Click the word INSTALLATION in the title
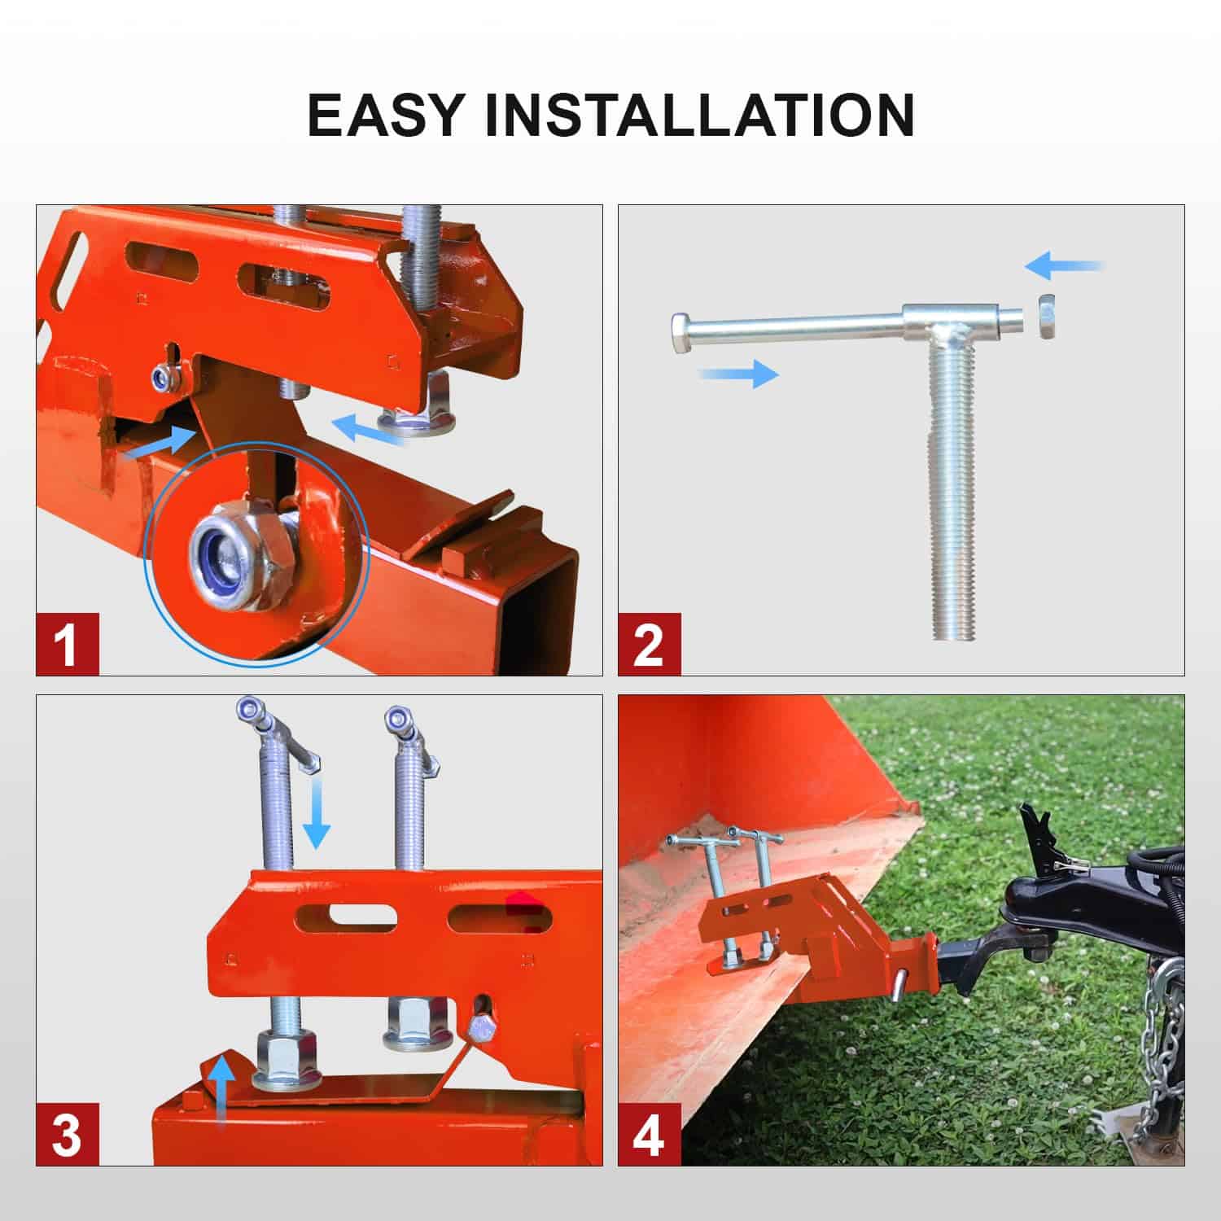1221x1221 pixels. click(x=700, y=116)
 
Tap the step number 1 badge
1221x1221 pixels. click(x=68, y=643)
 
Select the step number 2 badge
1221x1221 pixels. click(x=649, y=643)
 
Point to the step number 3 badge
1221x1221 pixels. click(x=68, y=1134)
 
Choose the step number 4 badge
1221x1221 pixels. click(x=649, y=1134)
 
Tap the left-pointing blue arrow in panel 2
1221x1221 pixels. click(x=1063, y=265)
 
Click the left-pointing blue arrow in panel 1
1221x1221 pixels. click(x=370, y=430)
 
